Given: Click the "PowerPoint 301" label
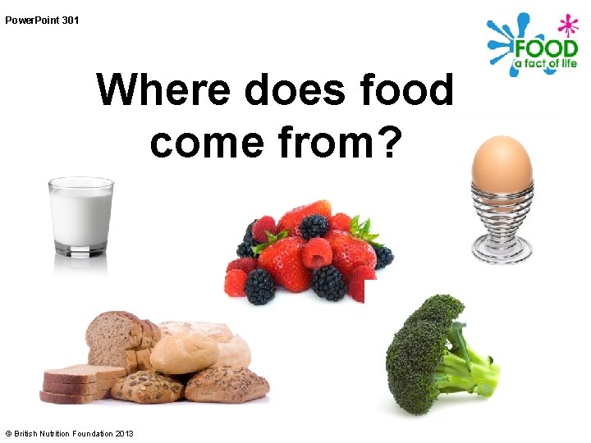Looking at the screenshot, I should point(42,20).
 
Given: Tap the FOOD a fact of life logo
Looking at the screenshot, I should point(533,46).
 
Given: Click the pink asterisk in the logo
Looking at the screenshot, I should point(567,25).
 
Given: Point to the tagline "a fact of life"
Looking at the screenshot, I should point(546,64).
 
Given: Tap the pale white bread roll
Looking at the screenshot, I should point(185,353).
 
